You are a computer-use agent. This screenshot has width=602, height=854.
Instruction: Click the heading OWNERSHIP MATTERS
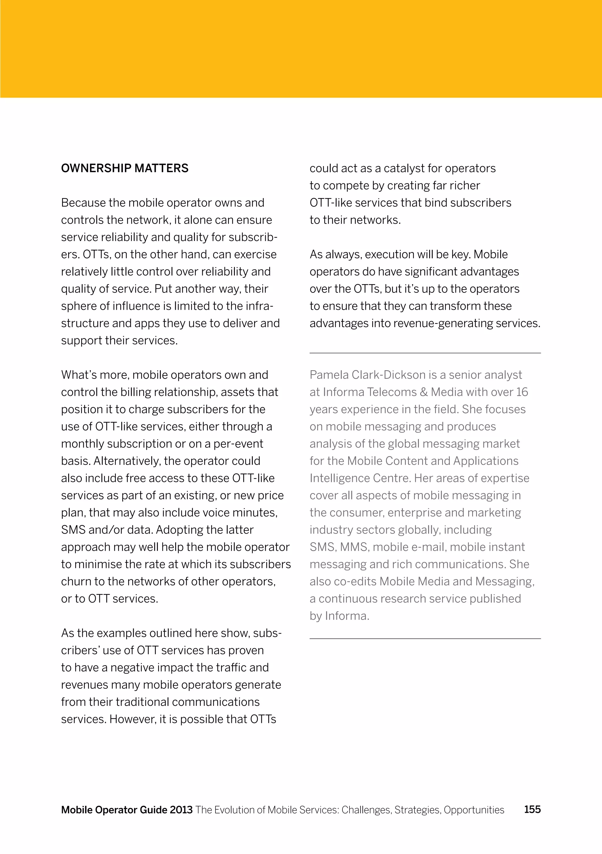[x=125, y=168]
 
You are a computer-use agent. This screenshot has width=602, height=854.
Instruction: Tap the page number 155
[x=532, y=809]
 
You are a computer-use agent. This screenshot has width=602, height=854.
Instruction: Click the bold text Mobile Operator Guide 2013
[x=126, y=810]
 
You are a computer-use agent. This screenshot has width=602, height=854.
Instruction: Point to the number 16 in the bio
[x=522, y=392]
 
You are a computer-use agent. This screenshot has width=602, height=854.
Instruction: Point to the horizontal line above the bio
[x=425, y=353]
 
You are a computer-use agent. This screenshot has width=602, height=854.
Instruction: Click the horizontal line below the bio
[x=425, y=639]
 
